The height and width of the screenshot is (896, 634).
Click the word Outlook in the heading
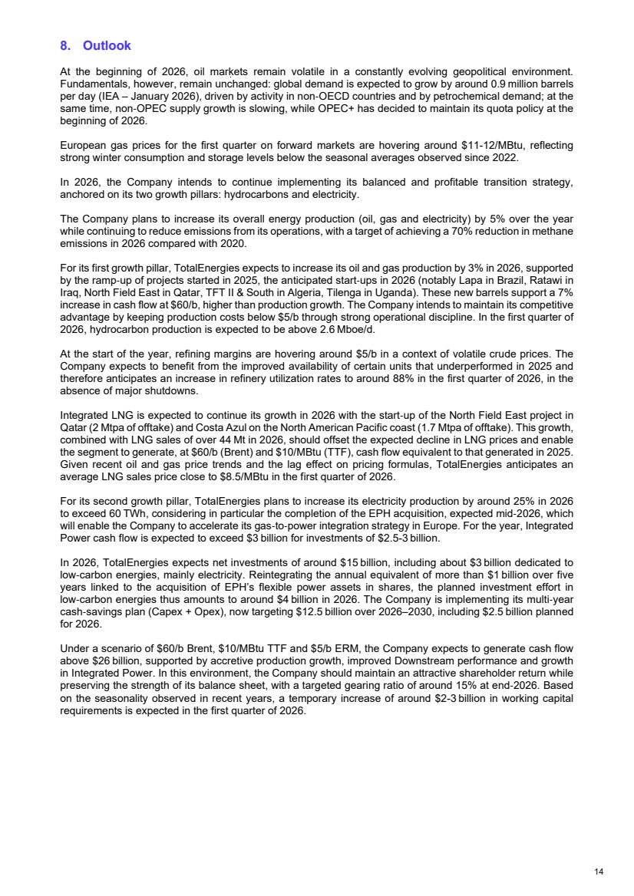click(107, 46)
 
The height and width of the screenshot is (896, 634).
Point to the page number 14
click(599, 871)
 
